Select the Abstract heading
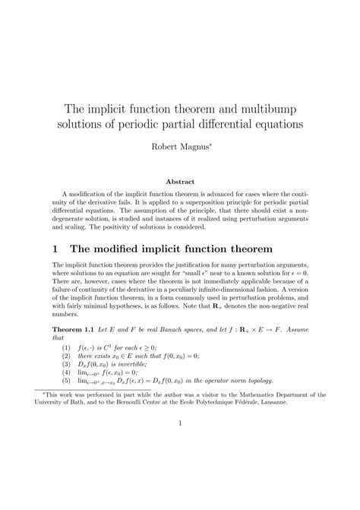pyautogui.click(x=180, y=182)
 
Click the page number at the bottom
pyautogui.click(x=180, y=466)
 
